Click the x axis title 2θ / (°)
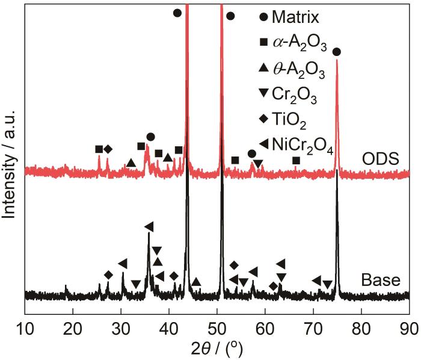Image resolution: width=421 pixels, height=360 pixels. tap(217, 349)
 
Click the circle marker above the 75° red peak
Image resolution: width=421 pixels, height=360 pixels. tap(337, 52)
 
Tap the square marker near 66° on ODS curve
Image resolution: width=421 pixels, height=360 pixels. tap(297, 160)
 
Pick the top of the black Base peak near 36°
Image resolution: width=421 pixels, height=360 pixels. tap(149, 234)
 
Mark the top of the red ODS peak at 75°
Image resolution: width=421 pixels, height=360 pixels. tap(337, 61)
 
